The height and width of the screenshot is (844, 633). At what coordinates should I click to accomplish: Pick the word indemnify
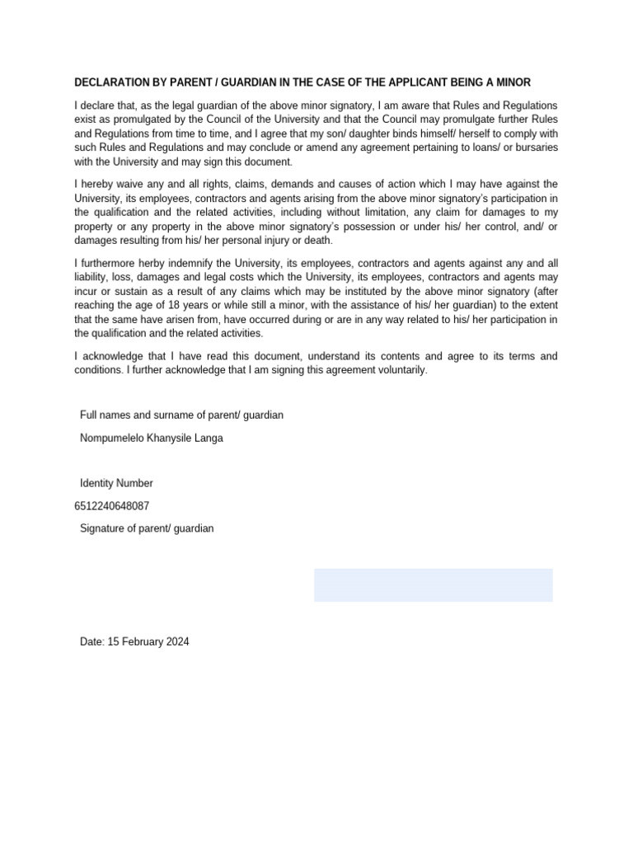click(x=203, y=261)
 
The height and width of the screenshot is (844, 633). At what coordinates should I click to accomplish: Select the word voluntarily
click(x=398, y=370)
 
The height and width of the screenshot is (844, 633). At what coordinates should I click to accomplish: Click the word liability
click(x=91, y=277)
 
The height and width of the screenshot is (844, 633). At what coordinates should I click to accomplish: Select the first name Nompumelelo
click(x=110, y=438)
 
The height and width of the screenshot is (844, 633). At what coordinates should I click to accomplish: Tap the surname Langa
click(x=209, y=438)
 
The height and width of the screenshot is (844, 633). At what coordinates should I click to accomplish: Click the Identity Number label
click(x=116, y=483)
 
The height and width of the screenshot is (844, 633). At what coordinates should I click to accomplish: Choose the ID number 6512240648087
click(x=112, y=506)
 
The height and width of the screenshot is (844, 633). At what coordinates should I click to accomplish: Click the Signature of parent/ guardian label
click(x=147, y=528)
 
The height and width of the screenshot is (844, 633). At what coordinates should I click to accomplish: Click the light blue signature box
click(x=433, y=584)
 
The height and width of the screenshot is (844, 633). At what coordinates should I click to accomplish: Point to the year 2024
click(x=177, y=641)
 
